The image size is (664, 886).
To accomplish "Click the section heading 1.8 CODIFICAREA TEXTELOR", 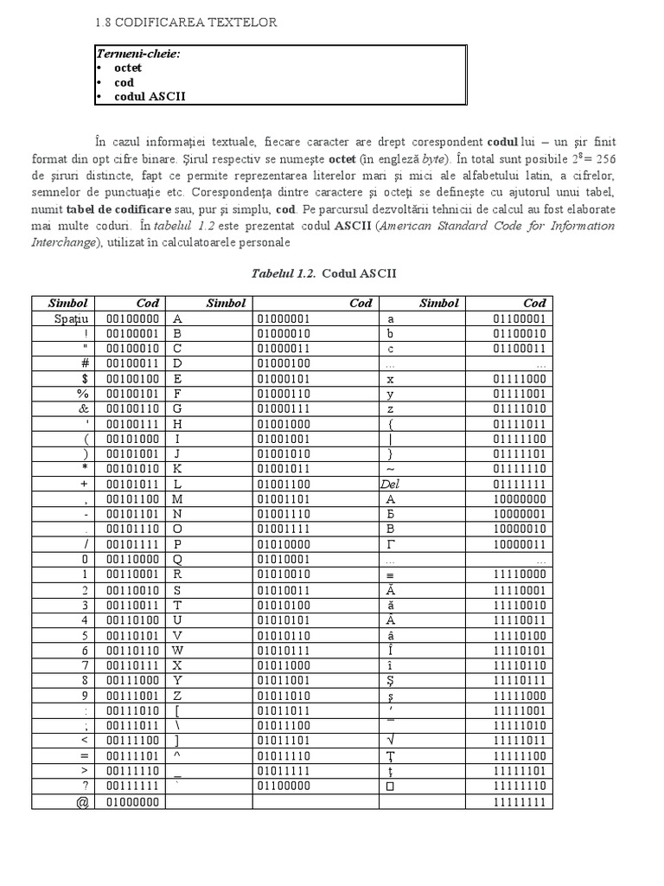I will [187, 22].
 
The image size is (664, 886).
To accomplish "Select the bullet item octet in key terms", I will [128, 67].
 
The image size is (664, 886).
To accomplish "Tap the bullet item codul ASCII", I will [150, 97].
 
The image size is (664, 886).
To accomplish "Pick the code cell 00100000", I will [131, 318].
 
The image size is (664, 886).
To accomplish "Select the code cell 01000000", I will [131, 802].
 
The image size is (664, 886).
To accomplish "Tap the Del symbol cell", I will [390, 484].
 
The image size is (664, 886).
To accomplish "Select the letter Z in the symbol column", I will [177, 696].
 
